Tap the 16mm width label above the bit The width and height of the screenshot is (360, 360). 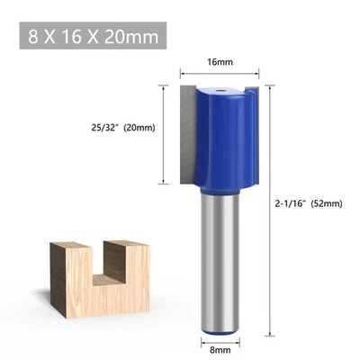pyautogui.click(x=219, y=63)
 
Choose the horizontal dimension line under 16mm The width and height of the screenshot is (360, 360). pyautogui.click(x=219, y=74)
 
